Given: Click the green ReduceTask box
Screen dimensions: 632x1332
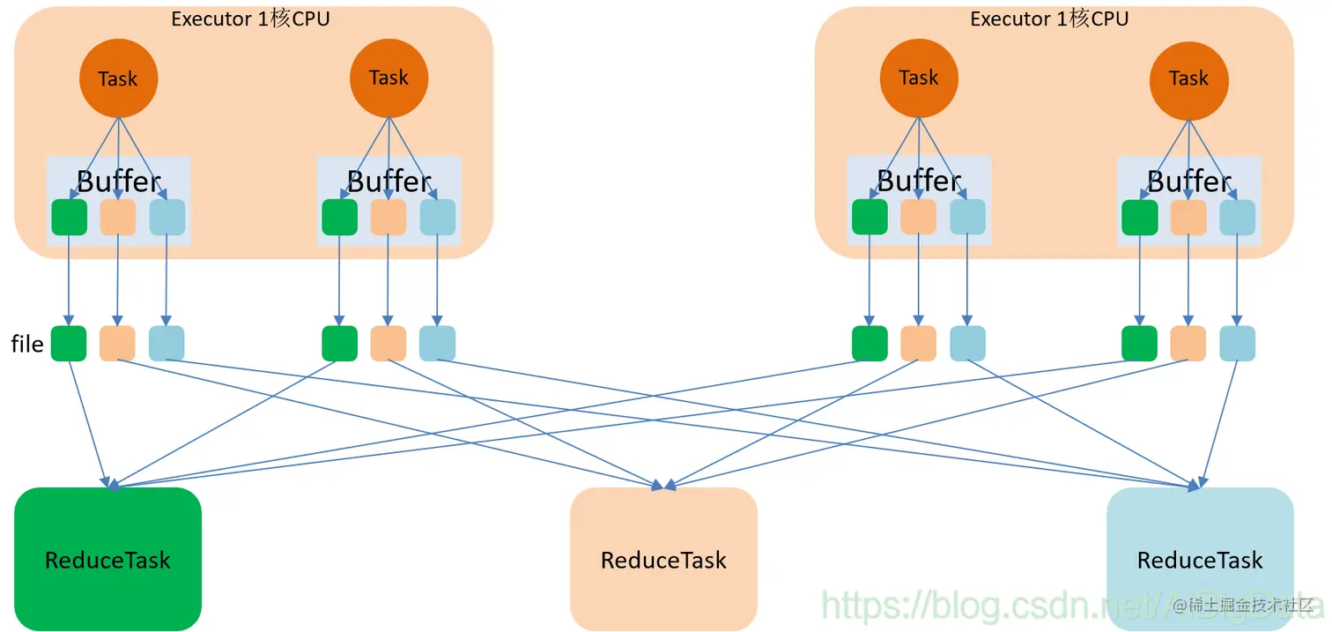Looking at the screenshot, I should [x=107, y=559].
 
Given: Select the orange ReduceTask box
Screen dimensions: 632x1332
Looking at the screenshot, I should [x=663, y=559].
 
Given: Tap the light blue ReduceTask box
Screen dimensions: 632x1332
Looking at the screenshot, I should [x=1200, y=559].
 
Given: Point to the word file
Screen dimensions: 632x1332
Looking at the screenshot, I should [x=27, y=344].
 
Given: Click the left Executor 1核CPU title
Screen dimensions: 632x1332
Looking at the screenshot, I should [x=250, y=19].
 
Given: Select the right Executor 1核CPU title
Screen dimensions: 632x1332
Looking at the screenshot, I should [x=1049, y=19].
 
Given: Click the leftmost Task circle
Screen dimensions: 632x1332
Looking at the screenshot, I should [x=118, y=78].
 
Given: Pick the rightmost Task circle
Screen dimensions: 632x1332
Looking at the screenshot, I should [x=1188, y=78].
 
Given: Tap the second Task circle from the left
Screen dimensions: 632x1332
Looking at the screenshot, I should [x=388, y=78].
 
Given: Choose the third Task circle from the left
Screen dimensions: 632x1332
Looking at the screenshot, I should [x=919, y=78].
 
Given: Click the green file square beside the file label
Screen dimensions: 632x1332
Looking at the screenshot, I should [x=69, y=343].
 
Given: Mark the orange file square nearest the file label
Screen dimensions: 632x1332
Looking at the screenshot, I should [x=117, y=343].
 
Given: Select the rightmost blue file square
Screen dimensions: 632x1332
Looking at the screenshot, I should [x=1237, y=343].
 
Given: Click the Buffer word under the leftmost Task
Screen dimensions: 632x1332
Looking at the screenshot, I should [x=119, y=182].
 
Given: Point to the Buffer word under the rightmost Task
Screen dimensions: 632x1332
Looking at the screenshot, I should [x=1188, y=182].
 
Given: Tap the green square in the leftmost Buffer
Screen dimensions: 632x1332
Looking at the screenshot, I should [x=69, y=217].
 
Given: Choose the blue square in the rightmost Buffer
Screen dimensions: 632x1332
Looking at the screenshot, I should [x=1237, y=217].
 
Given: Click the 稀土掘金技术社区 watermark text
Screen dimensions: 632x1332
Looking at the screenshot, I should [x=1248, y=606].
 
